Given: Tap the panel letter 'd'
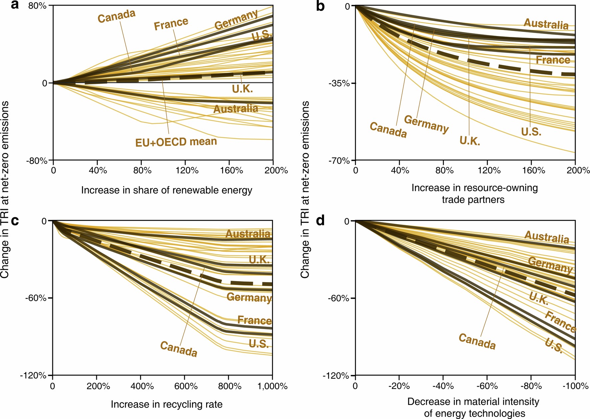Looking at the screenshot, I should point(320,221).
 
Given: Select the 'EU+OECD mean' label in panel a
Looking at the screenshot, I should point(176,142).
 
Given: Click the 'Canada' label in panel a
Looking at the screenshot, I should point(117,16).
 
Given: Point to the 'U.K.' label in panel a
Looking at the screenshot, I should point(242,89).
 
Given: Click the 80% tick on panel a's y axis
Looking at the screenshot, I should point(37,6).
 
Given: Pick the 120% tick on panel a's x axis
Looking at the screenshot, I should point(187,171).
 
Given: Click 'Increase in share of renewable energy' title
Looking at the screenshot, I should point(166,190).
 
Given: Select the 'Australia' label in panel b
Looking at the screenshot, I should point(546,24).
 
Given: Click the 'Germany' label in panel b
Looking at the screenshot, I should point(426,124).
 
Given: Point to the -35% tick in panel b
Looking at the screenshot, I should point(339,83).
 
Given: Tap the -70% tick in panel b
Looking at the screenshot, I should point(339,161).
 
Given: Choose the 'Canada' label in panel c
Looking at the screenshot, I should point(179,349).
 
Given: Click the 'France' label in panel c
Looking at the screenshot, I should point(254,320).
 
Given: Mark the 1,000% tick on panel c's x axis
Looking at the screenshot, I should point(272,386).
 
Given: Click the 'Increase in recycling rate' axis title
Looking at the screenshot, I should point(166,404).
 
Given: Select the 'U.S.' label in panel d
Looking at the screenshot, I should point(554,345).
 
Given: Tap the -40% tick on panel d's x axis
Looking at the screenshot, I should point(443,386).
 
